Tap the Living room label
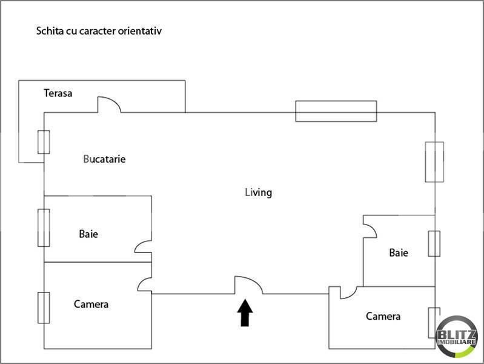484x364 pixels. (x=258, y=192)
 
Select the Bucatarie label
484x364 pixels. (x=104, y=159)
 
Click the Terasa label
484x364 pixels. (x=58, y=93)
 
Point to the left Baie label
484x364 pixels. (x=88, y=234)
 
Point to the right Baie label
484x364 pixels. (x=399, y=252)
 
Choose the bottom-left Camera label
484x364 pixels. (x=91, y=304)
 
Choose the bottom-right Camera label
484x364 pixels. (x=383, y=316)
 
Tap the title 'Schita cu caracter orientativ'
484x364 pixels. (x=99, y=30)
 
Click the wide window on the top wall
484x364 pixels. (x=336, y=111)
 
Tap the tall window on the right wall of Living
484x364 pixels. (x=434, y=161)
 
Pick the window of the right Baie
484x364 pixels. (x=434, y=243)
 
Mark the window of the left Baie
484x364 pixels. (x=44, y=227)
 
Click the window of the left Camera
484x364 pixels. (x=44, y=308)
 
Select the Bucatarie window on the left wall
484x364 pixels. (x=44, y=142)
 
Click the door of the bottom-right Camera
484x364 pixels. (x=347, y=292)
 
